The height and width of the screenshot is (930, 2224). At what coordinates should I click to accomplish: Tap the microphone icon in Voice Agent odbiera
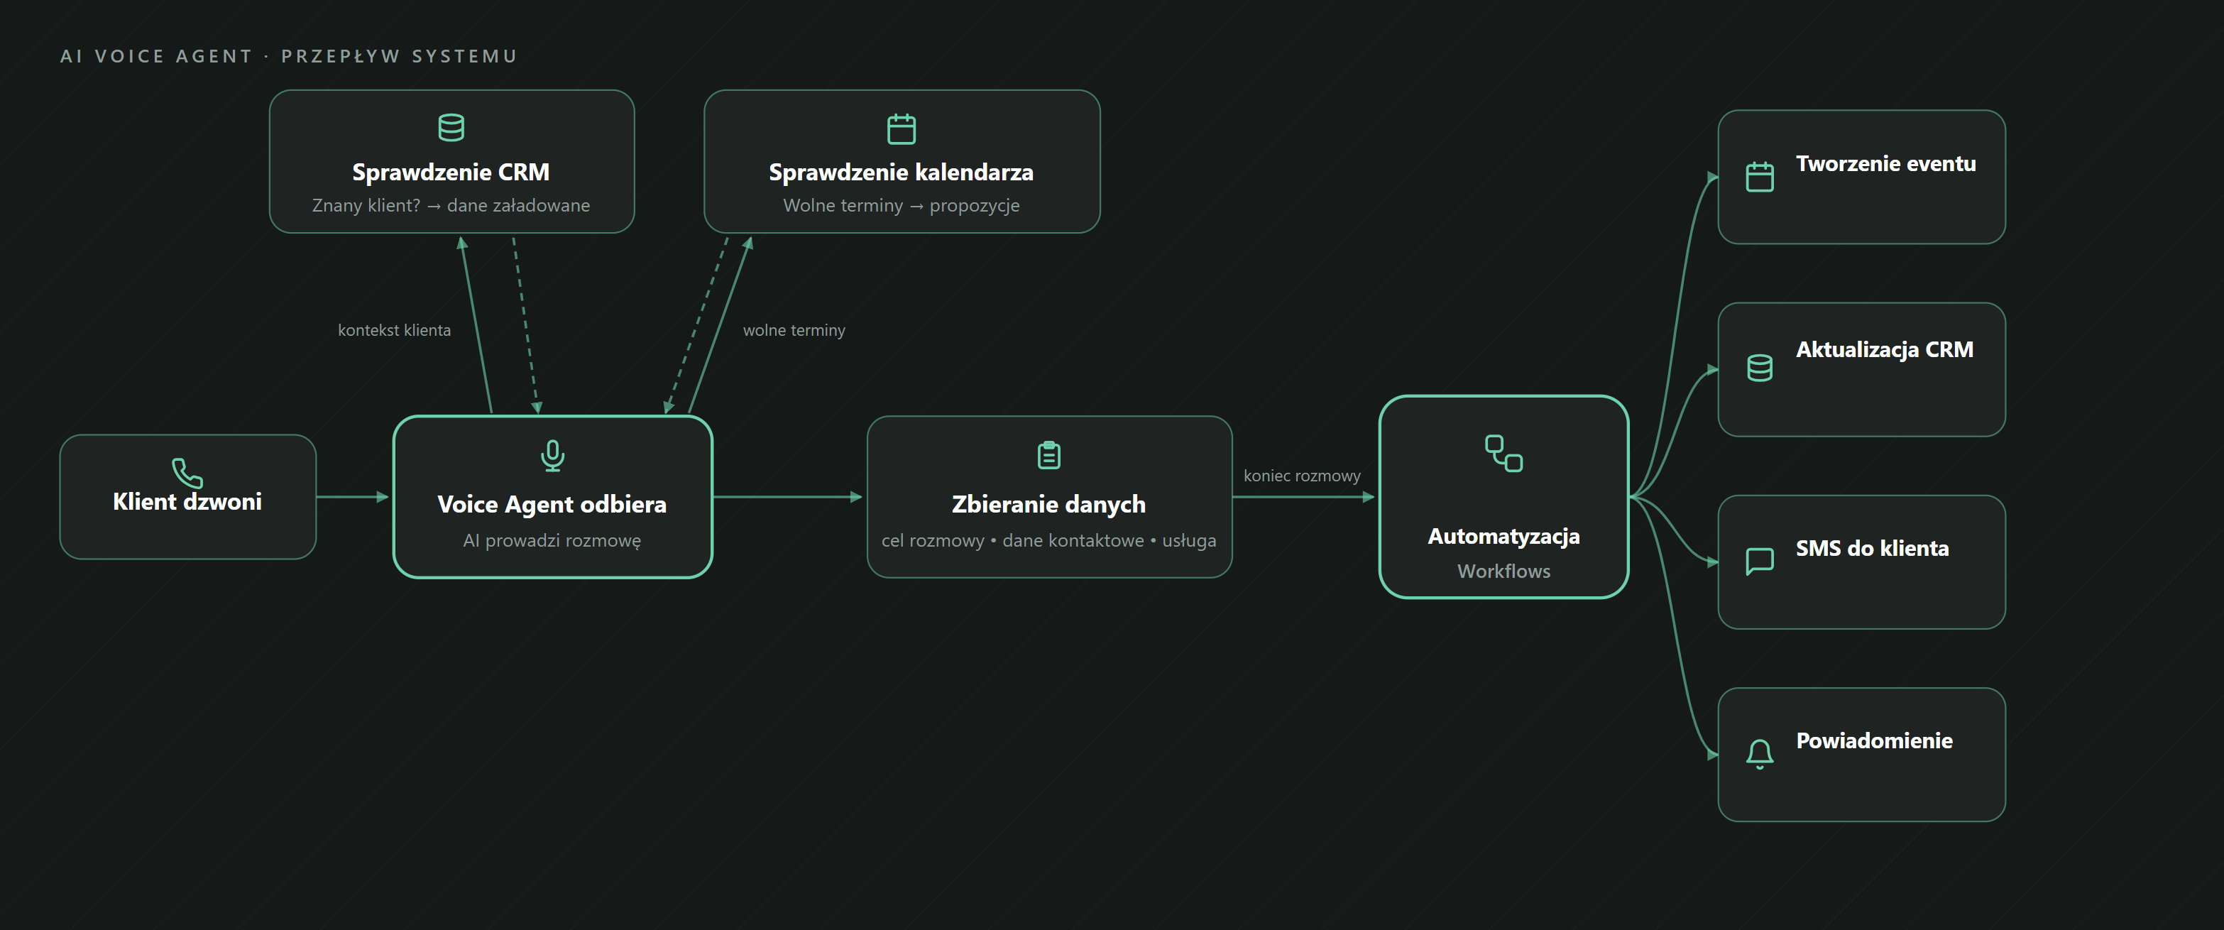click(x=552, y=455)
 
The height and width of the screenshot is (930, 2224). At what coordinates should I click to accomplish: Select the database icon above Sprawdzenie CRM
click(x=451, y=128)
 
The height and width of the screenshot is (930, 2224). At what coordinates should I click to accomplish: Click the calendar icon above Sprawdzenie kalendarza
click(x=902, y=128)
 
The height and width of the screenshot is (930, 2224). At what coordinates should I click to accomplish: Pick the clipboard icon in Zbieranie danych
click(x=1049, y=454)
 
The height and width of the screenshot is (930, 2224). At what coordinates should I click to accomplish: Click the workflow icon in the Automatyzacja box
click(x=1504, y=454)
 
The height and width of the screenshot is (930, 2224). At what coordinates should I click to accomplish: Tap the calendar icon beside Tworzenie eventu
click(x=1760, y=177)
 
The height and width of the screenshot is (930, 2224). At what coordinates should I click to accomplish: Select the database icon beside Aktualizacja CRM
click(x=1760, y=368)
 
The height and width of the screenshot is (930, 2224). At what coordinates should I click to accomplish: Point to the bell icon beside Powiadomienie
click(x=1760, y=754)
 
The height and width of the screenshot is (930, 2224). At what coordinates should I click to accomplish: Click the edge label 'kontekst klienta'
click(x=395, y=330)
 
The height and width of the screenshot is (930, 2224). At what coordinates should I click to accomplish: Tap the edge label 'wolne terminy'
click(x=794, y=330)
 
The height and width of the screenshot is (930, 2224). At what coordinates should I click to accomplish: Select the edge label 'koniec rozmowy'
click(x=1302, y=476)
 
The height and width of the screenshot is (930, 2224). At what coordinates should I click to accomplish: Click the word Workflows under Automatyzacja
click(x=1504, y=571)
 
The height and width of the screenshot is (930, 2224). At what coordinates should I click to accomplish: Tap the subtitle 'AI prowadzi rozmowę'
click(x=552, y=540)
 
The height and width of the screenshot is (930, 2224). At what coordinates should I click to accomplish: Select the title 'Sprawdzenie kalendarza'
click(x=902, y=173)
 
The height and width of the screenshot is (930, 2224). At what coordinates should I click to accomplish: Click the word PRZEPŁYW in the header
click(x=340, y=56)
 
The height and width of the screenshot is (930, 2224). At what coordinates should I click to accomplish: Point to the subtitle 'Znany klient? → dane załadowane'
click(x=451, y=205)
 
